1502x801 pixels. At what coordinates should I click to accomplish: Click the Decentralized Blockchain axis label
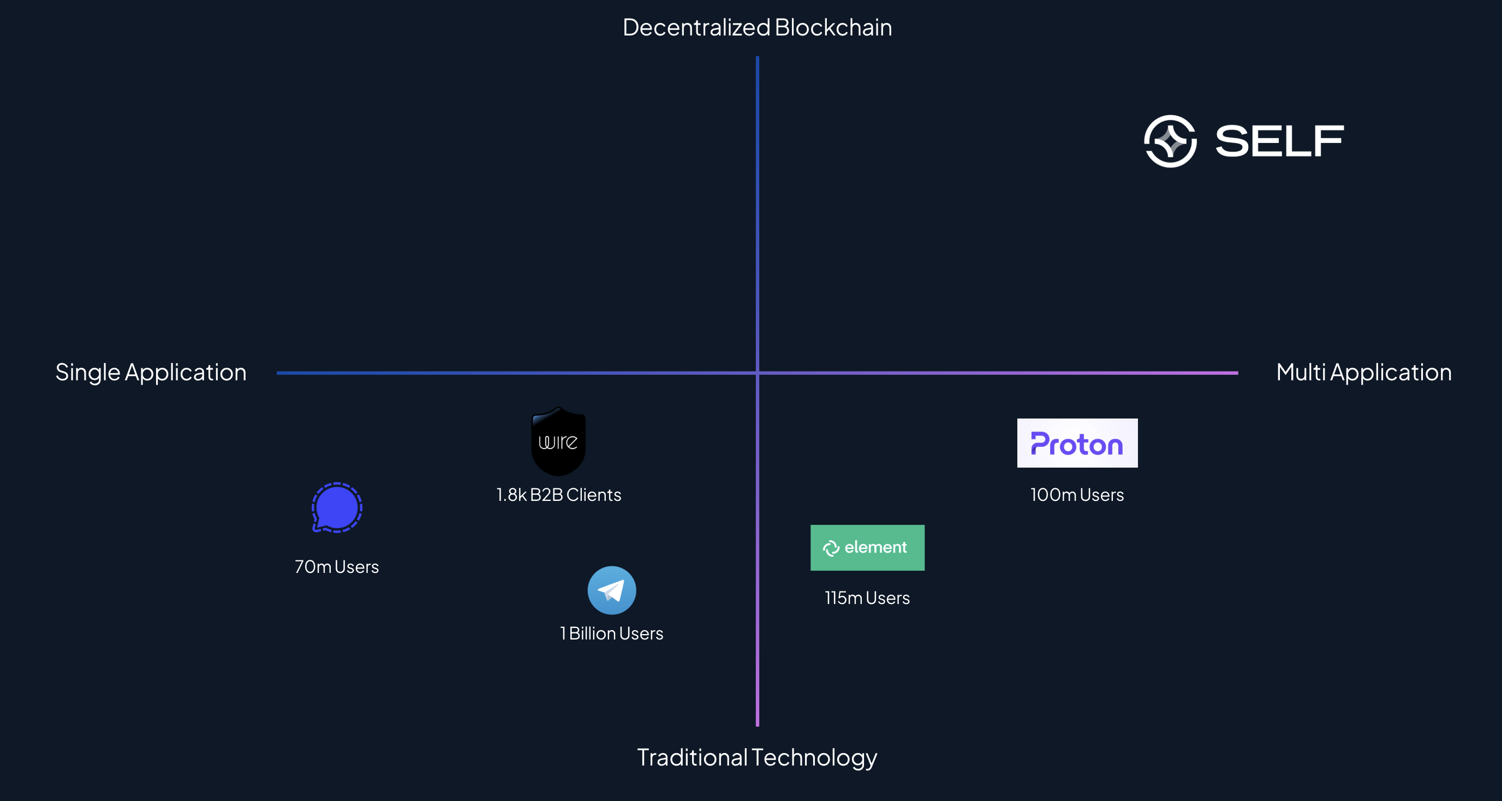757,27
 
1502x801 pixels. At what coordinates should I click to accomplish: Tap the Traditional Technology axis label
757,758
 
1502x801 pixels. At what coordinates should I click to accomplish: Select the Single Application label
151,373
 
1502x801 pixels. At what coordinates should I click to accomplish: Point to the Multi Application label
1364,373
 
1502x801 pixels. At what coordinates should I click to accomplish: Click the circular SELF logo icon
1170,141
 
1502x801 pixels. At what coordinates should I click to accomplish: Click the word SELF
1279,141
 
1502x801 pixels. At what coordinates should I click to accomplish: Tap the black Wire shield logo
558,441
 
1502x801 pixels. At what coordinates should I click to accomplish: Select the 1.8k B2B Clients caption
558,495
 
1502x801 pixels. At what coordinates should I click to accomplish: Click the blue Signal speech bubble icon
337,508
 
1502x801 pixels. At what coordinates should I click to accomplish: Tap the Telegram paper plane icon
612,590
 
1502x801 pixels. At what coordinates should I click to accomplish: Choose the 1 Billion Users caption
612,633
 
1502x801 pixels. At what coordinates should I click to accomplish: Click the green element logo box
868,548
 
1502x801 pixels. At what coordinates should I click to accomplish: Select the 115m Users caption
868,598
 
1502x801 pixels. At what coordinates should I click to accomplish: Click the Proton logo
1077,443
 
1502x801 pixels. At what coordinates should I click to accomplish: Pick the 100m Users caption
1077,495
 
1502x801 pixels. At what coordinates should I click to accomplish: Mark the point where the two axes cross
758,373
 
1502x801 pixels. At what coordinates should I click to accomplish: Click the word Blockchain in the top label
833,27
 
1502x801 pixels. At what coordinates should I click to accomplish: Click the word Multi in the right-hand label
1301,373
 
